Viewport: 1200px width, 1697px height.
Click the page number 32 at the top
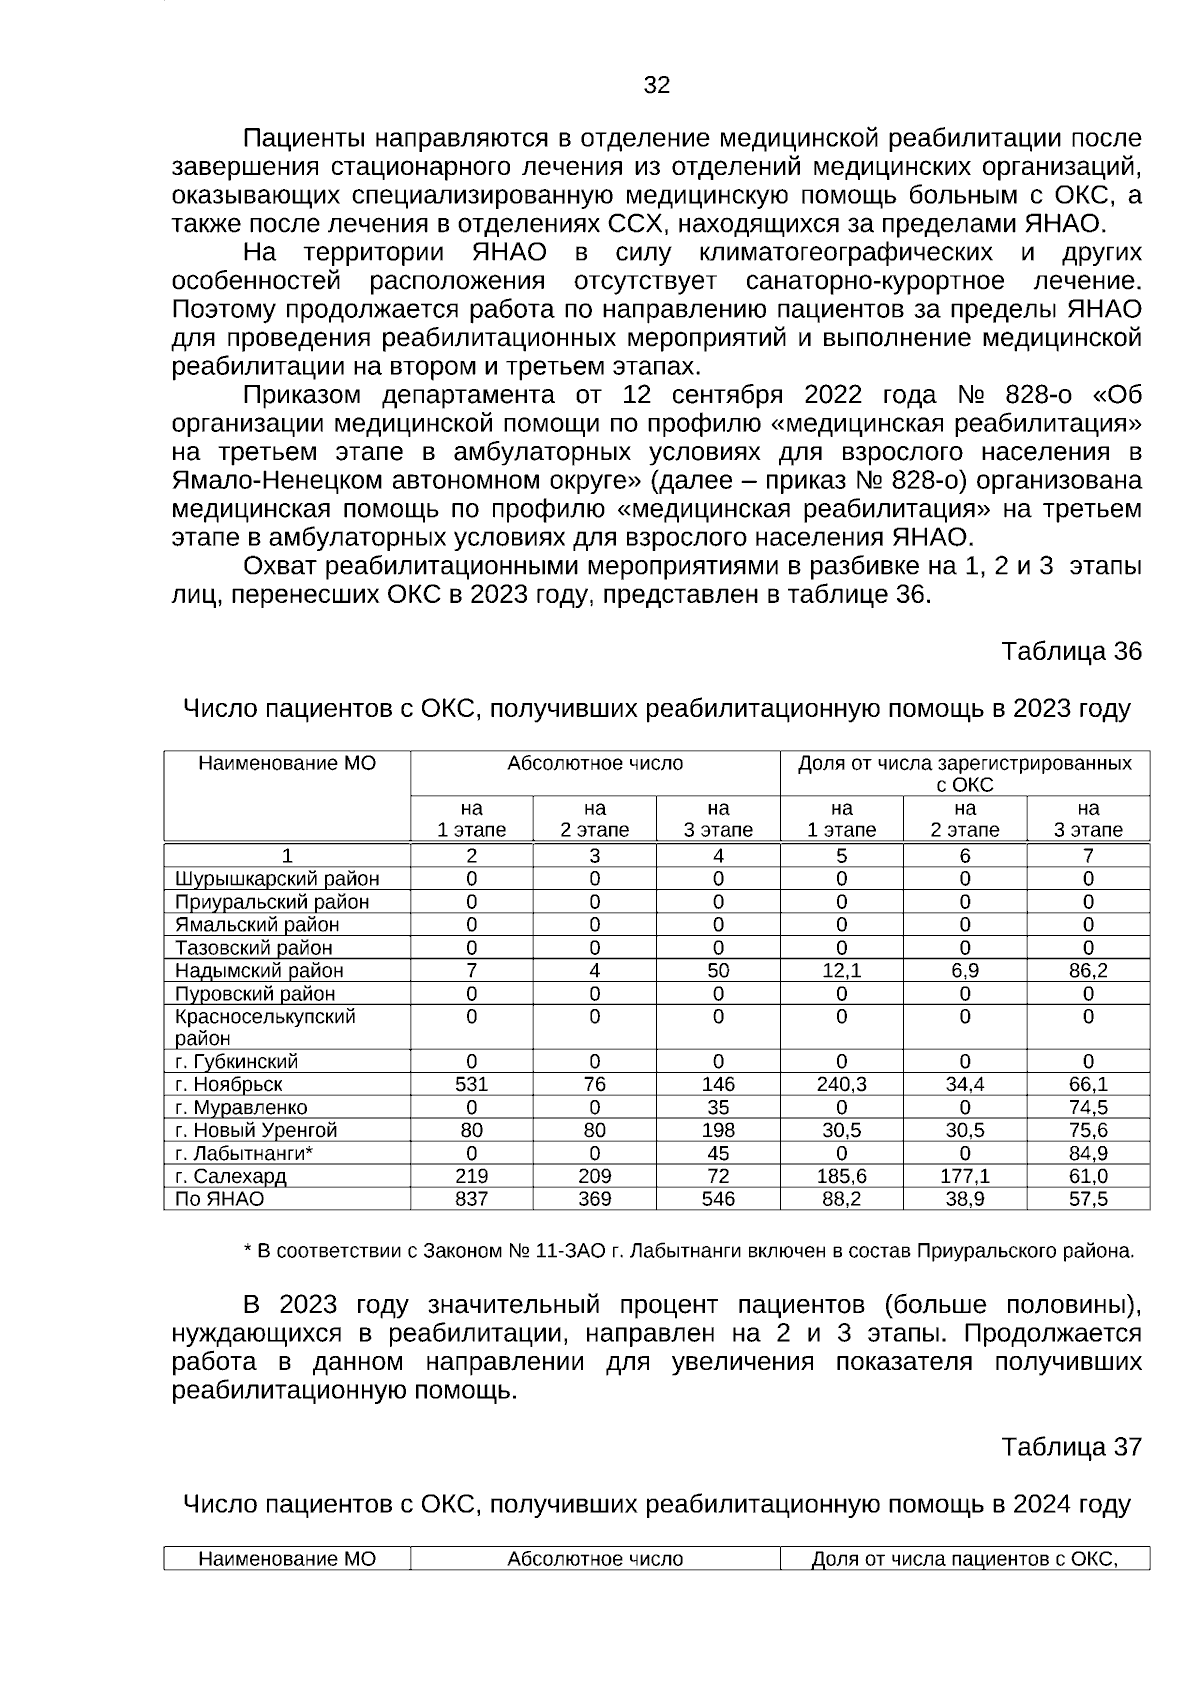(x=656, y=86)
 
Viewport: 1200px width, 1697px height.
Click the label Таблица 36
(x=1071, y=652)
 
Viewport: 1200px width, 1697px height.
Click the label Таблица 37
(x=1071, y=1447)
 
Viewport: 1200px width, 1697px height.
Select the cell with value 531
(x=471, y=1085)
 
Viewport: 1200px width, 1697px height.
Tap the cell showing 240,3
(x=841, y=1085)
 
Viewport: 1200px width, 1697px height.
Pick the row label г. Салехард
(x=230, y=1177)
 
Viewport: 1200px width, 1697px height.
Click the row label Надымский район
(x=259, y=971)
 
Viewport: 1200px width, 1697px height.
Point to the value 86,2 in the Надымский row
(x=1088, y=971)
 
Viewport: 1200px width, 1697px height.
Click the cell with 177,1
(x=965, y=1177)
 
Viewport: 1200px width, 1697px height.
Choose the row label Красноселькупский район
(x=265, y=1027)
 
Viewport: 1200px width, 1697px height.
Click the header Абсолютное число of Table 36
(x=595, y=764)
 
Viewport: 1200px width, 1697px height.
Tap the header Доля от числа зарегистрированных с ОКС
(x=964, y=774)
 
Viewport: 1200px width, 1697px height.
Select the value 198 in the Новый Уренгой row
(x=718, y=1131)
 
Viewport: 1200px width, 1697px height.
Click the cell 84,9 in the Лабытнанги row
(x=1088, y=1154)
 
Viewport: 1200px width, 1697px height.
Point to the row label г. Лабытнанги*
(x=244, y=1154)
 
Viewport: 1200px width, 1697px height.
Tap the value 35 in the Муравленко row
(x=718, y=1108)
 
